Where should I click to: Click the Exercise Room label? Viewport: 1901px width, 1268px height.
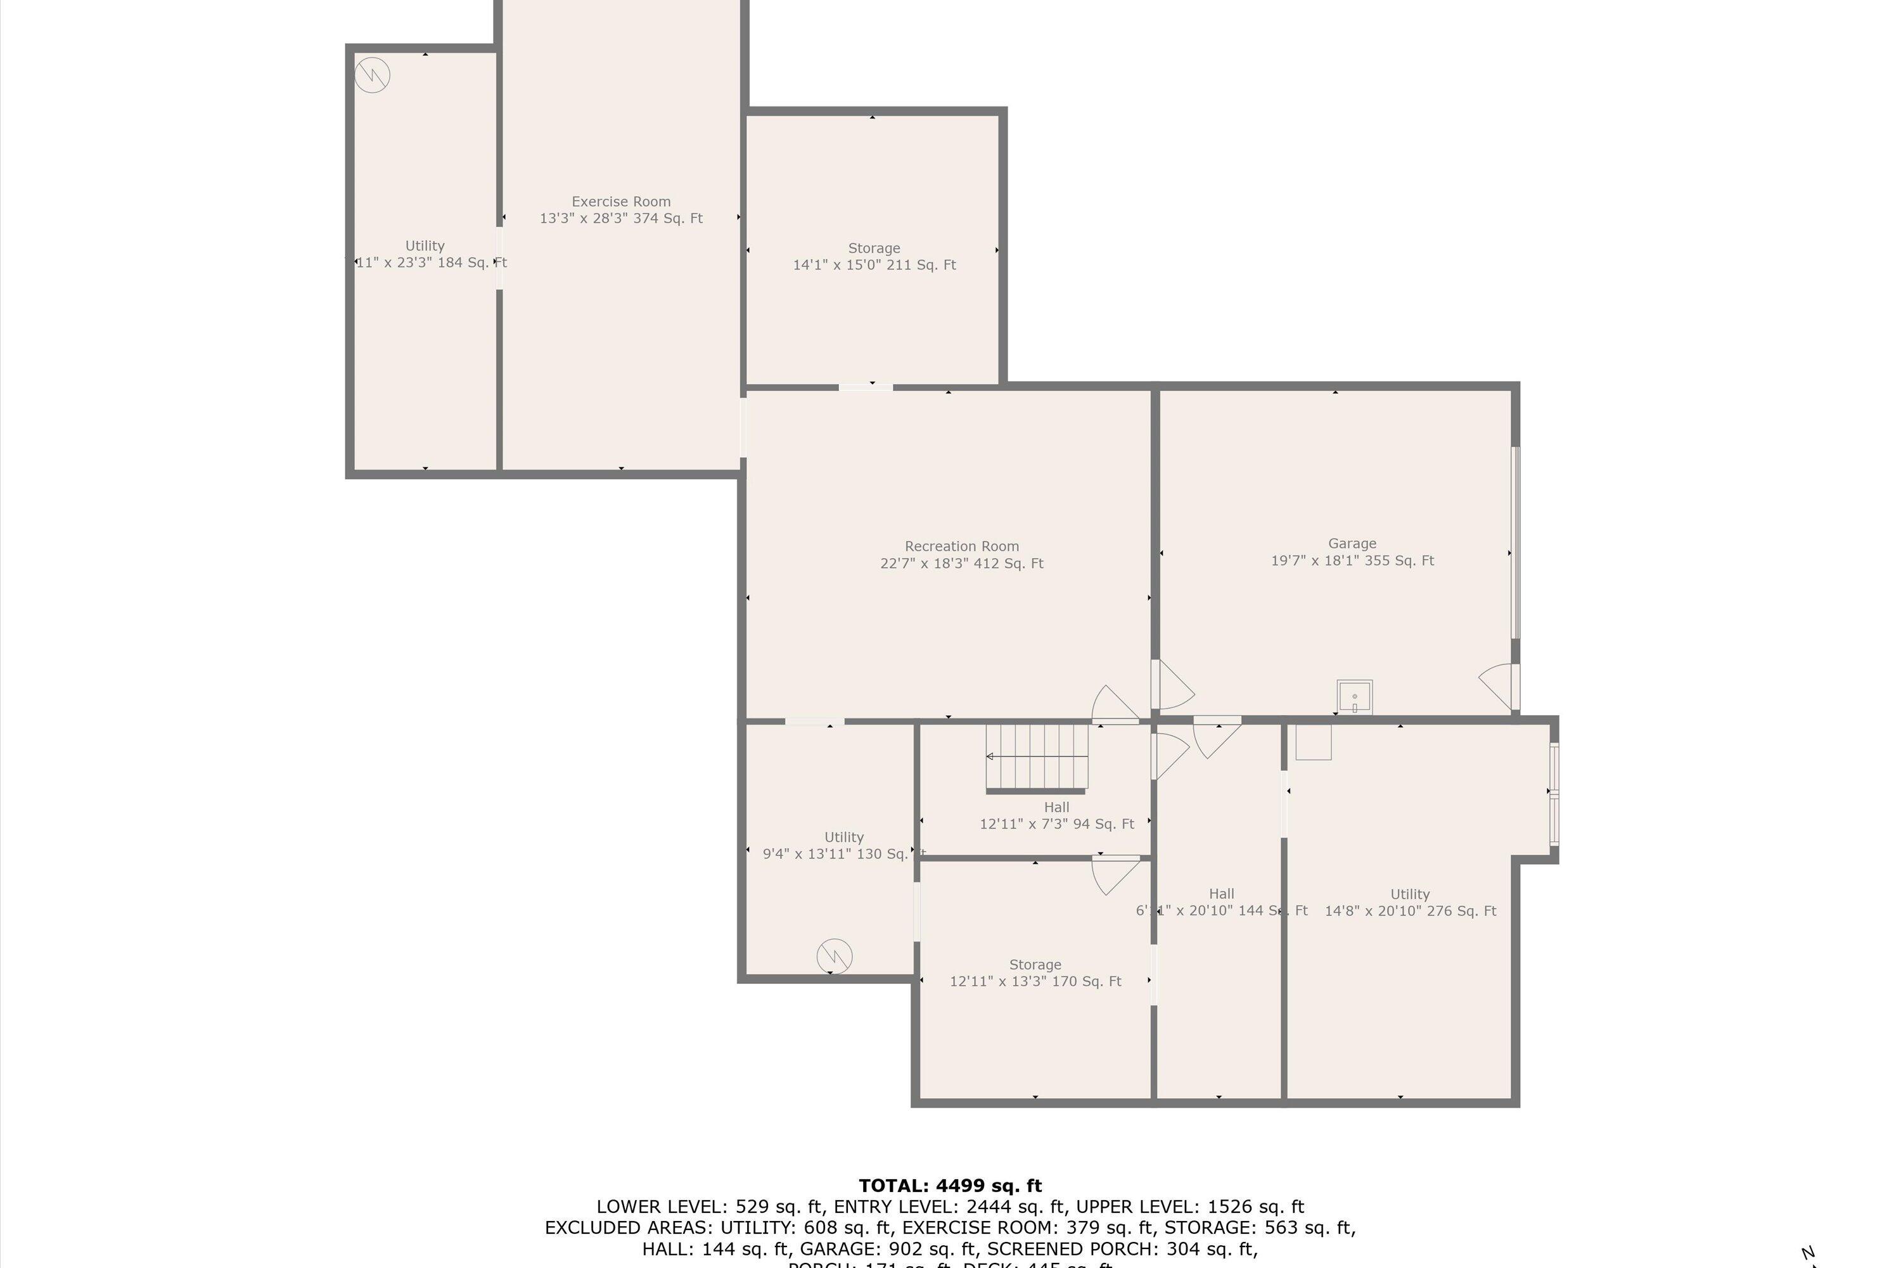coord(621,202)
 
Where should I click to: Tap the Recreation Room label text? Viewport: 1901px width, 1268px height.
coord(961,547)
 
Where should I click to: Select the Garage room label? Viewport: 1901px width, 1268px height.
coord(1352,543)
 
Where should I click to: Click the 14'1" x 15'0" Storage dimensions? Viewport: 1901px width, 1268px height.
coord(874,265)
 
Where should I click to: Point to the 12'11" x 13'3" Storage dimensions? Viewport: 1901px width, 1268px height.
coord(1035,981)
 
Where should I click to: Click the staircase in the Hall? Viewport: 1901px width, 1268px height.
coord(1037,757)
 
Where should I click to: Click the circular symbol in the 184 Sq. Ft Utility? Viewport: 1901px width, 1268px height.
coord(373,75)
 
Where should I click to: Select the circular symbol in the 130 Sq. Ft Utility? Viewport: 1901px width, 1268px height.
coord(834,957)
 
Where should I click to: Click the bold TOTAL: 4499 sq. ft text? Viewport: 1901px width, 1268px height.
coord(950,1186)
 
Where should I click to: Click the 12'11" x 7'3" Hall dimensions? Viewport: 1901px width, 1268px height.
coord(1056,824)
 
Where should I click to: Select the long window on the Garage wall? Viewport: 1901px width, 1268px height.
coord(1516,543)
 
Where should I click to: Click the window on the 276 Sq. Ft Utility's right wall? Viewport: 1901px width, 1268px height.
coord(1554,794)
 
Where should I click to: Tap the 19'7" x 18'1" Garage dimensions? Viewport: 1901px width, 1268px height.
coord(1352,560)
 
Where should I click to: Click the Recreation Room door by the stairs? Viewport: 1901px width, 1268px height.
coord(1114,704)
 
